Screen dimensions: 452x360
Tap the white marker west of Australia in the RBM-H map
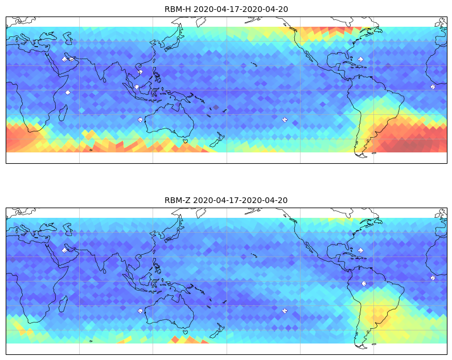pos(140,120)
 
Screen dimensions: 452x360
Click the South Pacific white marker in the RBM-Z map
pos(285,311)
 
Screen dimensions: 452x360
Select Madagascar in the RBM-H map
pos(63,113)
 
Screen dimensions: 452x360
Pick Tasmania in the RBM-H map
pos(186,141)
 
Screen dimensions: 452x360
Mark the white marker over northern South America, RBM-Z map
pos(364,284)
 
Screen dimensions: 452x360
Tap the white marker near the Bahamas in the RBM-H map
pos(360,59)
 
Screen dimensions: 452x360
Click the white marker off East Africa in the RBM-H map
pos(68,93)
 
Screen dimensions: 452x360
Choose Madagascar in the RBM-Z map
pos(63,304)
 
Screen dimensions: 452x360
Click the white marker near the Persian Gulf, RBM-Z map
pos(64,250)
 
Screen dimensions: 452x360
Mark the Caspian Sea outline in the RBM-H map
pos(68,38)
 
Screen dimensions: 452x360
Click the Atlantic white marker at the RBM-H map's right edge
pos(433,86)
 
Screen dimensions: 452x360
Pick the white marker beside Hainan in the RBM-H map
pos(140,72)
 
